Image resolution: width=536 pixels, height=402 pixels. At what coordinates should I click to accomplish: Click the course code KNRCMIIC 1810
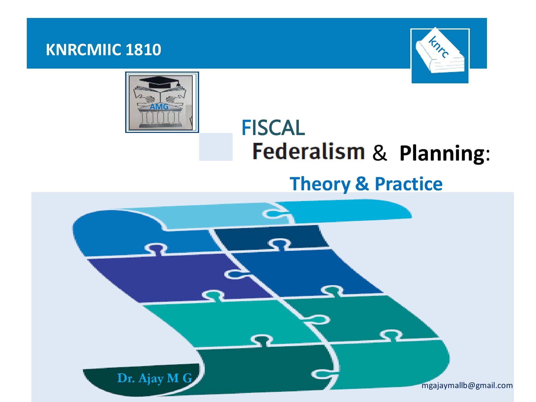pos(103,50)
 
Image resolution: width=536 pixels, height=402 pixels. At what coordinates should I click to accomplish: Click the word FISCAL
pos(273,128)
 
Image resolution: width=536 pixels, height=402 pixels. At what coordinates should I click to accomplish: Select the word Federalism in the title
pos(308,151)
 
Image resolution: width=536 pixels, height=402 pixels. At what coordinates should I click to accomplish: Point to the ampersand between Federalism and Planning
pos(380,153)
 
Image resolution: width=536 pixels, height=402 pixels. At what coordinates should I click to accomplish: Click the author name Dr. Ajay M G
pos(155,378)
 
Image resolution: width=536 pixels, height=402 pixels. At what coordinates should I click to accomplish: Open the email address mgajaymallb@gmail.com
pos(467,386)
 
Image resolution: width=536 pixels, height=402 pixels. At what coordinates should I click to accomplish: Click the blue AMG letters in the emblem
pos(159,107)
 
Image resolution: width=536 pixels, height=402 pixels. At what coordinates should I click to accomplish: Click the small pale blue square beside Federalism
pos(216,147)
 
